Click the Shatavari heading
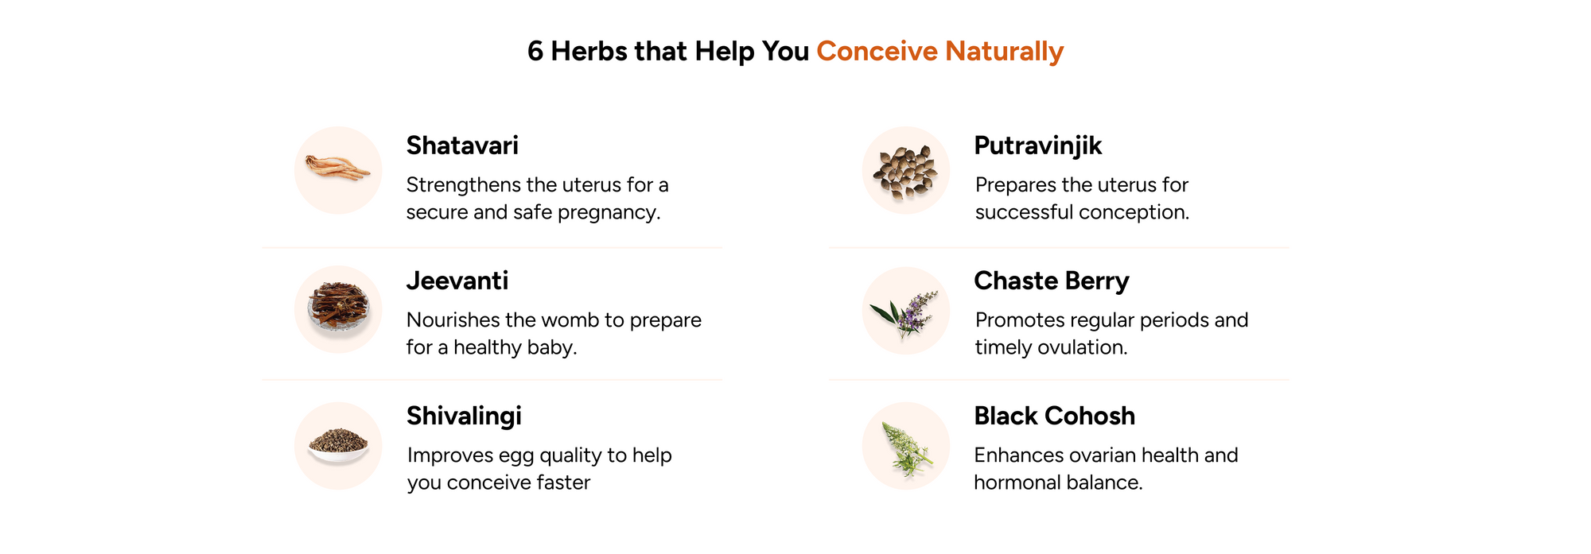click(462, 145)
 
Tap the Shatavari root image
click(338, 169)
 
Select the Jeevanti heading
click(457, 281)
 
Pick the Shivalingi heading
click(465, 416)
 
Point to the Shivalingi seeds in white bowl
click(338, 446)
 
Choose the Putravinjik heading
click(1038, 146)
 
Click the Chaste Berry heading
click(1052, 281)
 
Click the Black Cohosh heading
click(1055, 416)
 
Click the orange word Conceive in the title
click(877, 51)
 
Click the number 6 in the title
click(535, 51)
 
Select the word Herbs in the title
click(589, 51)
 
